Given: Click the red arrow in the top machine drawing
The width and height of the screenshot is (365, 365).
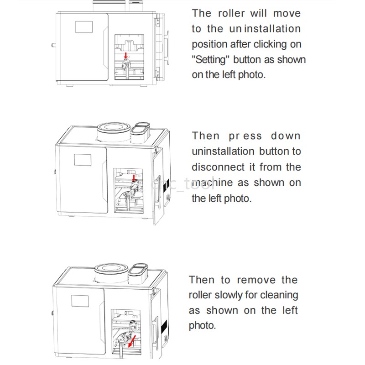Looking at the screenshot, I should pos(126,56).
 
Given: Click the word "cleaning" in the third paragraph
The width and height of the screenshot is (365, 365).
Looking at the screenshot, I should pos(279,295).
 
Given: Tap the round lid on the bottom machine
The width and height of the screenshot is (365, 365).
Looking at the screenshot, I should pos(110,269).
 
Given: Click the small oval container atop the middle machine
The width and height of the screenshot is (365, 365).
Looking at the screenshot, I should pos(141,130).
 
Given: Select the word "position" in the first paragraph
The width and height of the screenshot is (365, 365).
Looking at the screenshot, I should pos(209,44).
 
